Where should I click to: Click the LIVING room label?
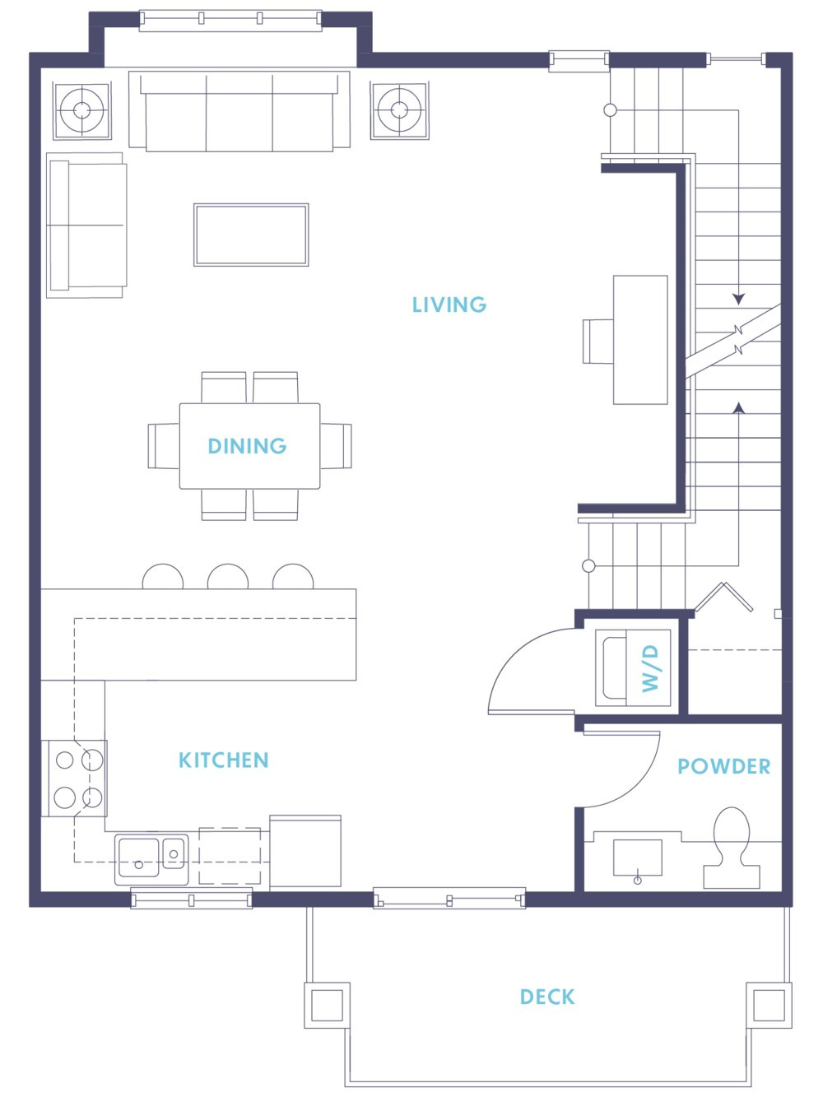click(x=449, y=304)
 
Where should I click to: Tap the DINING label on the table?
click(x=247, y=446)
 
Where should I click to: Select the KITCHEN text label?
click(x=224, y=760)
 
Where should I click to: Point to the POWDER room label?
click(x=723, y=766)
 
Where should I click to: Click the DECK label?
click(x=547, y=997)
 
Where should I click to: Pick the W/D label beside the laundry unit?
click(x=650, y=667)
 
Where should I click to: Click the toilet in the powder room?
click(x=731, y=848)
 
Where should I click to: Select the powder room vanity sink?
click(x=637, y=858)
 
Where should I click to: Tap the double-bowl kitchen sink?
click(x=151, y=858)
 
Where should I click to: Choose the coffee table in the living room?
click(x=251, y=235)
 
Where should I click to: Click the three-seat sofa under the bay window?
click(x=239, y=111)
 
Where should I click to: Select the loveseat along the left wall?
click(x=86, y=225)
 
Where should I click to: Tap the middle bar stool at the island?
click(x=228, y=577)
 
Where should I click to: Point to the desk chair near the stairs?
click(x=597, y=341)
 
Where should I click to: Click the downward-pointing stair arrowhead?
click(x=738, y=299)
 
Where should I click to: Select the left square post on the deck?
click(x=327, y=1005)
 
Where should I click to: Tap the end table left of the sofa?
click(x=81, y=110)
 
